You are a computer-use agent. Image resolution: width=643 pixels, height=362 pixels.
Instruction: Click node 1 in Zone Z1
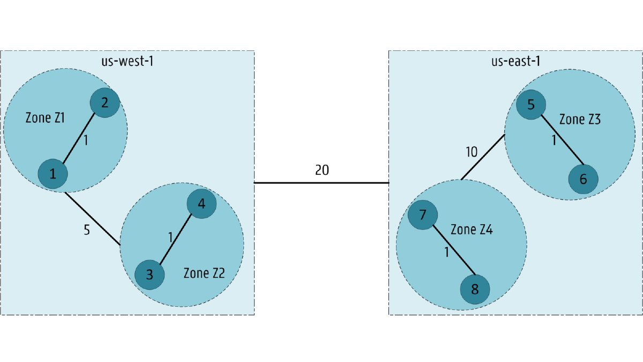point(53,174)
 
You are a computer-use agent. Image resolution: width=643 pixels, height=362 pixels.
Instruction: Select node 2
point(105,102)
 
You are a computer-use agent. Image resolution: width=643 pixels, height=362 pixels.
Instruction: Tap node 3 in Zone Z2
point(149,275)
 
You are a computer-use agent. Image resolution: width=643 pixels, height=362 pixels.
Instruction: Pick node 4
point(201,204)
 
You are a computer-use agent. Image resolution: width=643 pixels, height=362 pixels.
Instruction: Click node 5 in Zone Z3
point(531,105)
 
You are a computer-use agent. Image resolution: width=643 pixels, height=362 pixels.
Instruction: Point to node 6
point(584,179)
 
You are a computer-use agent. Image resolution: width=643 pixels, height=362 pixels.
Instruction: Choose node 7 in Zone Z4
point(423,215)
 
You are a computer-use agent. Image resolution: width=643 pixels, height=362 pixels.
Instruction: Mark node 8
point(475,289)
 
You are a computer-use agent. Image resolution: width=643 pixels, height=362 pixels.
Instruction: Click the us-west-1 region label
point(128,61)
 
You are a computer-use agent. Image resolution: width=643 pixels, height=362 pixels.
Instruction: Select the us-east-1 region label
point(516,61)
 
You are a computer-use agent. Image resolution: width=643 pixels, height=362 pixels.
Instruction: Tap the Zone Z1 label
point(45,118)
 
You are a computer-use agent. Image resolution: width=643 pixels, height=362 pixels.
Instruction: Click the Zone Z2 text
point(204,273)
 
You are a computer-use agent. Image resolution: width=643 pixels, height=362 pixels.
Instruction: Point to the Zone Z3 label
point(580,119)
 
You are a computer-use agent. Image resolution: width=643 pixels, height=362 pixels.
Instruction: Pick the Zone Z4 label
point(472,230)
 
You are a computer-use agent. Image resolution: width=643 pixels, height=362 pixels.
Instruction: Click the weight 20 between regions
point(322,170)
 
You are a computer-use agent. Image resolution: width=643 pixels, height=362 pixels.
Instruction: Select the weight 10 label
point(472,152)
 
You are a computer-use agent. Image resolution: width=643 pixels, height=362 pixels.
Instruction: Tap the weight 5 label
point(87,230)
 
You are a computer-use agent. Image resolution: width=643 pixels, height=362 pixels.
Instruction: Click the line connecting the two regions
point(322,183)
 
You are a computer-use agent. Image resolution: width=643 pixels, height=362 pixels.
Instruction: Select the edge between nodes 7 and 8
point(454,250)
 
